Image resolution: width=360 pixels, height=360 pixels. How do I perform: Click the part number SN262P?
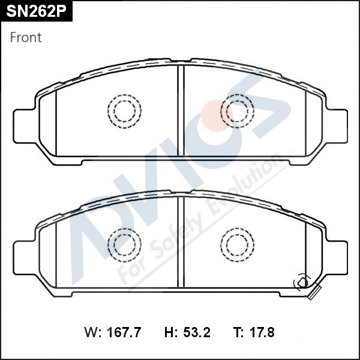pos(35,13)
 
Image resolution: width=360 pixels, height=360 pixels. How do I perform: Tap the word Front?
pos(26,37)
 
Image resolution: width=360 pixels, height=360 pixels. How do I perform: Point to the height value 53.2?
pos(197,332)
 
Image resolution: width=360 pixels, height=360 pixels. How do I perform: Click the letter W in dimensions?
pos(91,332)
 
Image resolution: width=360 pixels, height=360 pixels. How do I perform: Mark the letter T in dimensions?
pos(236,332)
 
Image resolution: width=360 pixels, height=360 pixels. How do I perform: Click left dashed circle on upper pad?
pos(125,111)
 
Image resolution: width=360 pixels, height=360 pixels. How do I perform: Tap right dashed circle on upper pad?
pos(237,111)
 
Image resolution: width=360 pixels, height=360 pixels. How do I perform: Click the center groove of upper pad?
pos(180,114)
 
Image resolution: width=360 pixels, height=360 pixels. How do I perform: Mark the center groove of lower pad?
pos(180,246)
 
